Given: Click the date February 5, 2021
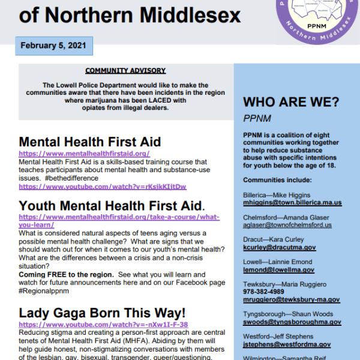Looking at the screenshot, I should pyautogui.click(x=53, y=46).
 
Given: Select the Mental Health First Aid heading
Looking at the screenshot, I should pyautogui.click(x=90, y=142).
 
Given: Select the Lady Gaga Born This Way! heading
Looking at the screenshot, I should pyautogui.click(x=102, y=313).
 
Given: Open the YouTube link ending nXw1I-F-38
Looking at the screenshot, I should pyautogui.click(x=103, y=325).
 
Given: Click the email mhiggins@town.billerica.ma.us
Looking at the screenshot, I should pyautogui.click(x=292, y=203).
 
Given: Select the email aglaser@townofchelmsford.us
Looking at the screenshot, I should pyautogui.click(x=287, y=225).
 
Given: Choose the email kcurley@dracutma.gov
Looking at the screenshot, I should pyautogui.click(x=278, y=247).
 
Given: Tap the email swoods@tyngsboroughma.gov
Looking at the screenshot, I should pyautogui.click(x=292, y=322).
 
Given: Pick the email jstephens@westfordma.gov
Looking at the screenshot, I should pyautogui.click(x=287, y=344).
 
